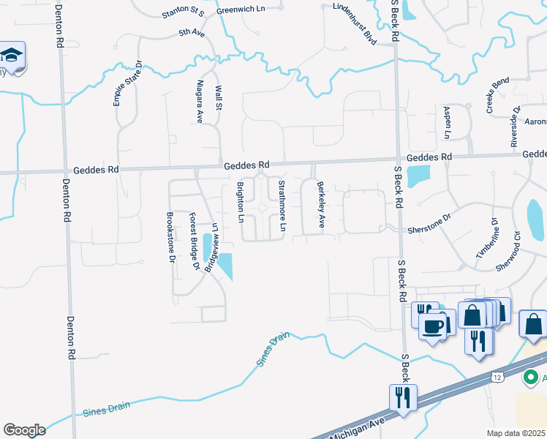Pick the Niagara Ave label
click(x=198, y=101)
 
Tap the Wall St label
click(x=218, y=97)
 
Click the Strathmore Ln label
click(x=281, y=207)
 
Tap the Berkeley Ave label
click(x=320, y=206)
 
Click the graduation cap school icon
click(x=12, y=56)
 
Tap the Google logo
click(x=24, y=429)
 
